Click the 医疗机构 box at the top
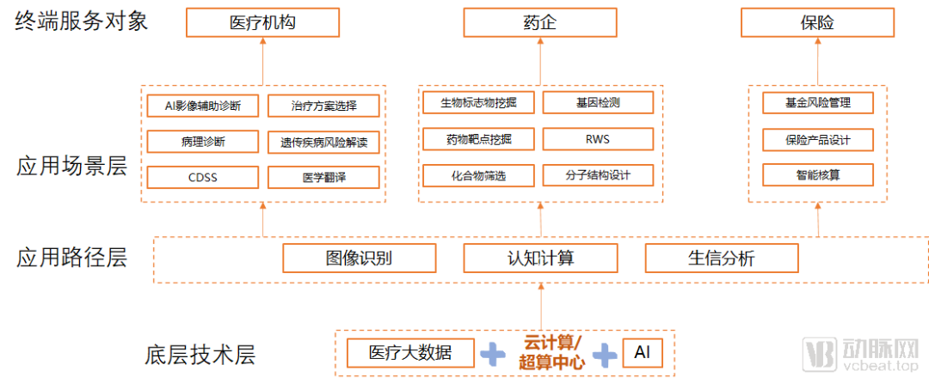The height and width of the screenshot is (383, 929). (x=263, y=23)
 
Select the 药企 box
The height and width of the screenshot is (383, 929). (x=540, y=23)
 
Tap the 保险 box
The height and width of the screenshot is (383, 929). (x=816, y=23)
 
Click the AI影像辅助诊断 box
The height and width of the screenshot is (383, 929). (x=203, y=106)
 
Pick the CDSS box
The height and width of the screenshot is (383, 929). (x=203, y=177)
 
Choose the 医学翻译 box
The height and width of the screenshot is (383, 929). (x=323, y=177)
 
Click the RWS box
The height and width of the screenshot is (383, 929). (x=598, y=139)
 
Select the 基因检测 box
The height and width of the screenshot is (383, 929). (x=598, y=103)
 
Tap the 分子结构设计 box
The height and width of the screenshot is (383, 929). (x=598, y=176)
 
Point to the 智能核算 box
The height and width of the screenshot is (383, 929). (x=818, y=176)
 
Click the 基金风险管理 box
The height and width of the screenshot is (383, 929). (x=818, y=103)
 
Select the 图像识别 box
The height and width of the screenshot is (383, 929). (x=360, y=258)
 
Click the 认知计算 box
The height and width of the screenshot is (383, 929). (x=540, y=258)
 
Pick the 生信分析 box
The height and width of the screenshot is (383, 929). (x=721, y=258)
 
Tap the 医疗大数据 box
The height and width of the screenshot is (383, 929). (x=410, y=352)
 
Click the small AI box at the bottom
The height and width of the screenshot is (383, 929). (x=642, y=352)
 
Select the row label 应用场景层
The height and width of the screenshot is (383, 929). (x=71, y=166)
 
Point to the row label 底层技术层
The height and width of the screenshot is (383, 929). (x=200, y=354)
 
